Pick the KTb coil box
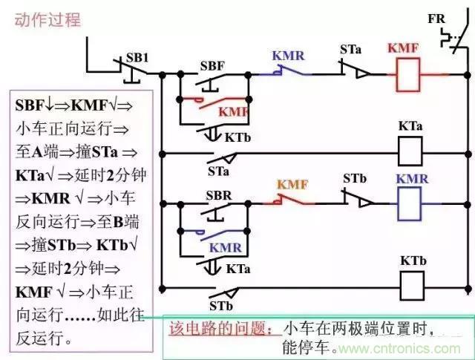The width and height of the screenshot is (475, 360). pos(410,284)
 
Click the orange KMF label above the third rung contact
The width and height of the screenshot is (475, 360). pos(293,183)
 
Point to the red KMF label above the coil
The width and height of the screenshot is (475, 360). pos(402,49)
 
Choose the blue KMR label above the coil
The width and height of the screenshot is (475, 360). pos(411,180)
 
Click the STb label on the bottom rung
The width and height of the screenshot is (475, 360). pos(219,305)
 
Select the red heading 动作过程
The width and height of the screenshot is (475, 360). pos(47,20)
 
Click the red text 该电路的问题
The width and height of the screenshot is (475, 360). pos(211,327)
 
